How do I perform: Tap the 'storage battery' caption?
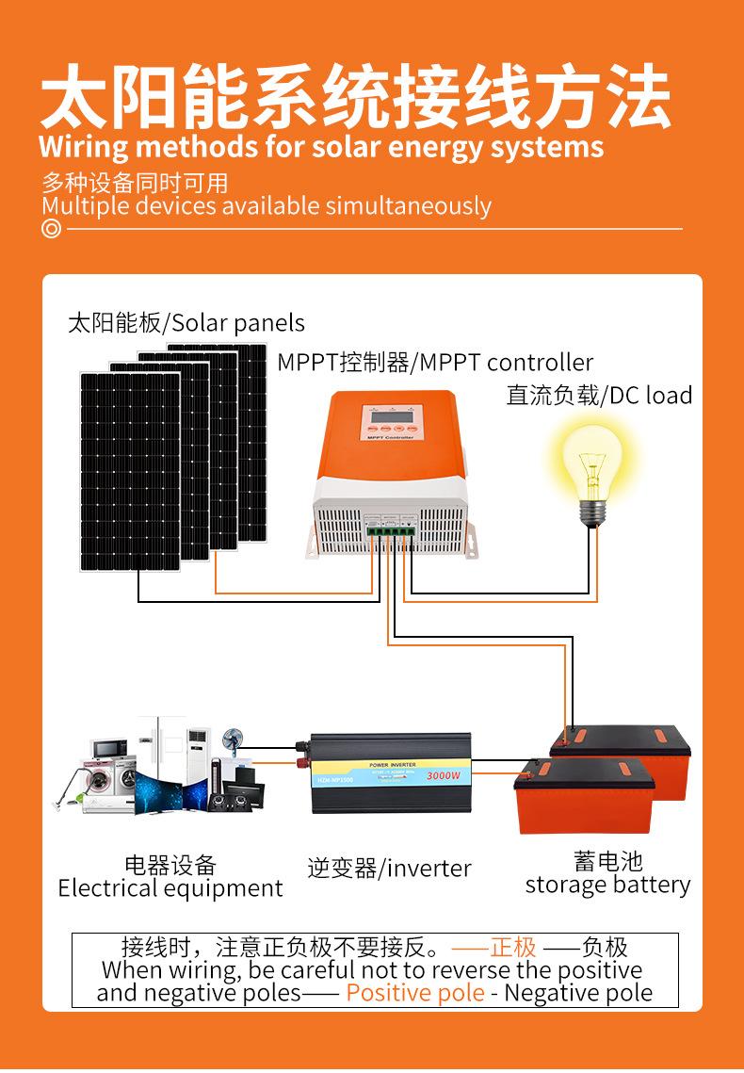point(607,885)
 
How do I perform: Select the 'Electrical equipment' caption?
point(170,888)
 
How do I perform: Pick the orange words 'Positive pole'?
point(415,992)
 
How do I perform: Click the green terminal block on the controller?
point(388,534)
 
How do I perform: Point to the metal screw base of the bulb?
point(590,512)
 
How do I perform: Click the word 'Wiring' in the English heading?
point(82,148)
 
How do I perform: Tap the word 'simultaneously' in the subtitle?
point(408,206)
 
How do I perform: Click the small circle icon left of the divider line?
point(51,229)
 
